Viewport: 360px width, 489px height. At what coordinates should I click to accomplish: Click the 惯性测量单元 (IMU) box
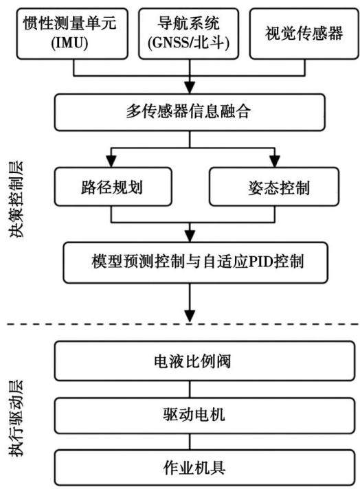click(x=72, y=34)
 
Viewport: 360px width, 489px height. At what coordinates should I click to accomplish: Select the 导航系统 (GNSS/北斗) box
click(x=189, y=34)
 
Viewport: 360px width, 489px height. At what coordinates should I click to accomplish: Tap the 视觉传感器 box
click(x=304, y=34)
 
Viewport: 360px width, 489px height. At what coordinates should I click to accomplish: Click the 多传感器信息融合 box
click(x=190, y=112)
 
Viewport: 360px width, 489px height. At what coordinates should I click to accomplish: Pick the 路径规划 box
click(x=113, y=187)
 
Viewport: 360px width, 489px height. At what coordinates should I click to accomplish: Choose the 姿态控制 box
click(x=274, y=187)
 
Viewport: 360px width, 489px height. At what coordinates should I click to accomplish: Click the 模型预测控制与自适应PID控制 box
click(x=196, y=262)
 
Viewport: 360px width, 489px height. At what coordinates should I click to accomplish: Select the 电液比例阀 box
click(x=205, y=361)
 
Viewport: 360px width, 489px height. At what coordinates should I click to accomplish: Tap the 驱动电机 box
click(x=205, y=416)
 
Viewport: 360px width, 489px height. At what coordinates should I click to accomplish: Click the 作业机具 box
click(x=205, y=467)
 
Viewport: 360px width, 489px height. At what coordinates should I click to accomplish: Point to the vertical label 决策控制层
click(x=16, y=200)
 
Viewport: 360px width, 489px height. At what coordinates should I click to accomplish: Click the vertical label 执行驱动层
click(x=16, y=418)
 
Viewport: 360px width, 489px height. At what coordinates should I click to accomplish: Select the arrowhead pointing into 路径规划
click(x=111, y=161)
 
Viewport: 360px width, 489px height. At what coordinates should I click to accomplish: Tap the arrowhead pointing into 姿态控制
click(x=275, y=161)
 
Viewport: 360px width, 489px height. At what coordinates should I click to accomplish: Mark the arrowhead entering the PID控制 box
click(x=190, y=236)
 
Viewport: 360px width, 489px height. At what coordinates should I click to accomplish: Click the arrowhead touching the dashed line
click(x=190, y=316)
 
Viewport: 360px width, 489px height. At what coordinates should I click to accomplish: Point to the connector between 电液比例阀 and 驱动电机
click(x=190, y=389)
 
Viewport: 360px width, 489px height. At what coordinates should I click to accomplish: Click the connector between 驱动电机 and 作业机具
click(x=190, y=442)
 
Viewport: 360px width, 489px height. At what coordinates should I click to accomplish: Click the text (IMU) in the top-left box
click(x=69, y=43)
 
